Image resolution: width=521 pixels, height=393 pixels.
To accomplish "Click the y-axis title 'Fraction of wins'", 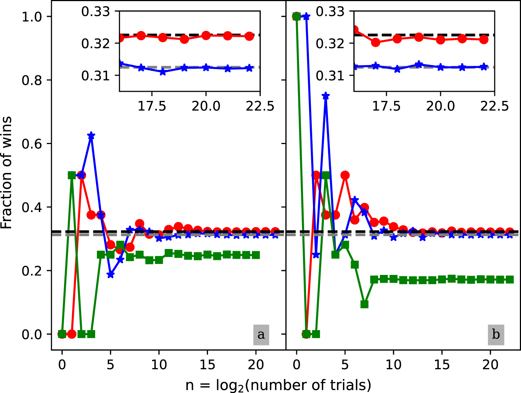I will (7, 173).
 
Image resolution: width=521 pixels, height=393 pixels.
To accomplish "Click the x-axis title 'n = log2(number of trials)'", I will (278, 385).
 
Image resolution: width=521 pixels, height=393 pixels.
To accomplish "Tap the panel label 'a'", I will (261, 335).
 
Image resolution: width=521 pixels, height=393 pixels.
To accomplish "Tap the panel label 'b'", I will (496, 335).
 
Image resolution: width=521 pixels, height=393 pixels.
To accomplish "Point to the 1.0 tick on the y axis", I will (32, 17).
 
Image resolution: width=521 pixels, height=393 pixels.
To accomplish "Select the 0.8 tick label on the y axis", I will (32, 80).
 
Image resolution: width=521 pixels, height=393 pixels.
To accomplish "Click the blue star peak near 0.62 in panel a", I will (91, 136).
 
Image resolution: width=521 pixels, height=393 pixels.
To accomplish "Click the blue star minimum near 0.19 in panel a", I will (110, 275).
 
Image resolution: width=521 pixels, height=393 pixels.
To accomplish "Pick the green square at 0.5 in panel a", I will (72, 175).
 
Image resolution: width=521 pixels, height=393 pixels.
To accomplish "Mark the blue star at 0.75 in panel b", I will (325, 96).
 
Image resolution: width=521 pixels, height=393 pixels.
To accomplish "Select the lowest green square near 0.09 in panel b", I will (364, 304).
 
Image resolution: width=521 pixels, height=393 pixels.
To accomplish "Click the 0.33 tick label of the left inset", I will (95, 12).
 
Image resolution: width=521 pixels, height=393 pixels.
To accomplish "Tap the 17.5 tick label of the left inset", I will (152, 106).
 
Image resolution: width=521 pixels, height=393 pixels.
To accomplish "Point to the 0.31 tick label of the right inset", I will (330, 76).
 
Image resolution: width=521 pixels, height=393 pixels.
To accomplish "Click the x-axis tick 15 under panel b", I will (442, 364).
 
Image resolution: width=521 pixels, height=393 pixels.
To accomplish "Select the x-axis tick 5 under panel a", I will (110, 364).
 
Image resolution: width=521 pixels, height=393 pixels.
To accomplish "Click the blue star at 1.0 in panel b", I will (306, 17).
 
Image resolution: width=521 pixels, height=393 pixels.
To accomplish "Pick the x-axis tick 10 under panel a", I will (159, 364).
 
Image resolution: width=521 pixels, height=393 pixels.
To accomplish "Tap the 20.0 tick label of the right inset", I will (440, 106).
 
